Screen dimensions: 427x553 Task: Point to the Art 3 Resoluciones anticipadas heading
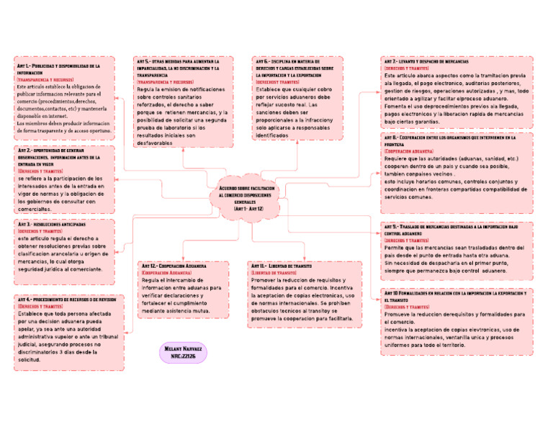click(x=50, y=224)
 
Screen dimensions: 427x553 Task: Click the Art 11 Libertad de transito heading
click(x=287, y=266)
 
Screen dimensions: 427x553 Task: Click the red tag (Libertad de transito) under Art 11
click(x=274, y=273)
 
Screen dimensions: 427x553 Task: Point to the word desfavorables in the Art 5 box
click(x=157, y=143)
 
